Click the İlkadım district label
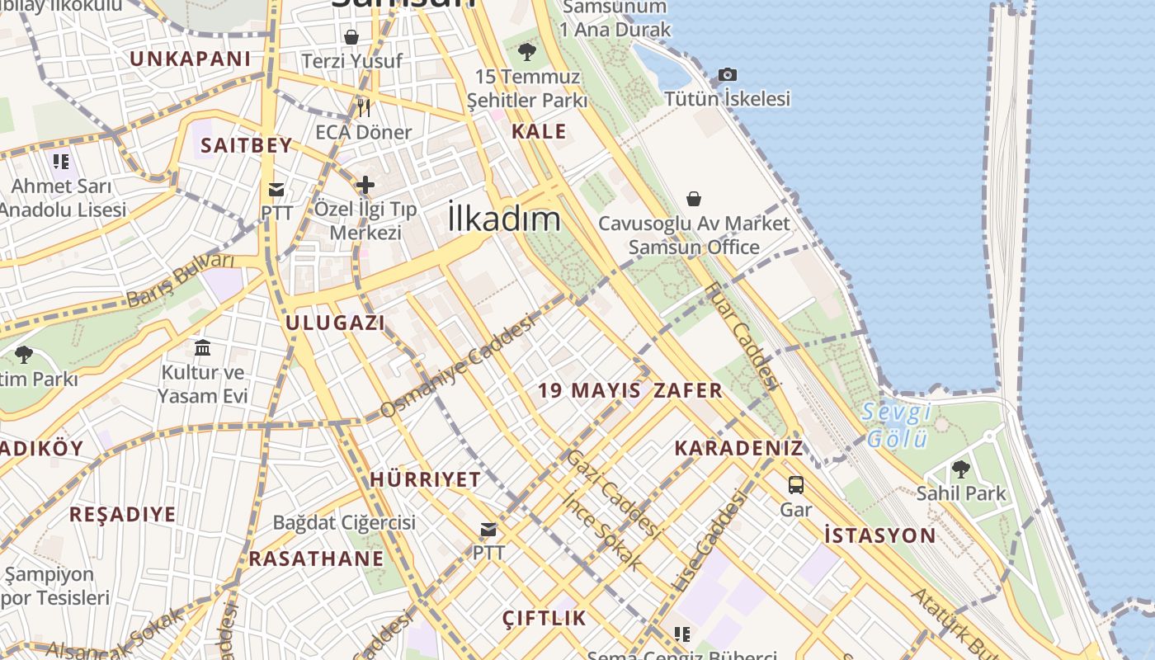pyautogui.click(x=504, y=219)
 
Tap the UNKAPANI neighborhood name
pyautogui.click(x=191, y=59)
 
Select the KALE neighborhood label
pyautogui.click(x=539, y=131)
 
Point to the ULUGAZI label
pyautogui.click(x=336, y=323)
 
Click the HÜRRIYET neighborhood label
pyautogui.click(x=425, y=479)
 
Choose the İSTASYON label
pyautogui.click(x=880, y=535)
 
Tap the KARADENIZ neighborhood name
pyautogui.click(x=738, y=448)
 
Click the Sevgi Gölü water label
pyautogui.click(x=897, y=424)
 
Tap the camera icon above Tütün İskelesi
pyautogui.click(x=727, y=75)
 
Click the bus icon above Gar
pyautogui.click(x=796, y=485)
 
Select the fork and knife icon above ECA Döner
pyautogui.click(x=364, y=107)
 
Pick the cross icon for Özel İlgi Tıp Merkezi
pyautogui.click(x=365, y=185)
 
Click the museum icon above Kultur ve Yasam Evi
pyautogui.click(x=203, y=347)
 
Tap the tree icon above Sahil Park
pyautogui.click(x=960, y=469)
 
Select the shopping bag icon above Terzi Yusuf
pyautogui.click(x=351, y=37)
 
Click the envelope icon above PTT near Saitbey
pyautogui.click(x=276, y=190)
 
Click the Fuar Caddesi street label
pyautogui.click(x=742, y=334)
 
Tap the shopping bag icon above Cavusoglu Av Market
pyautogui.click(x=694, y=199)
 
